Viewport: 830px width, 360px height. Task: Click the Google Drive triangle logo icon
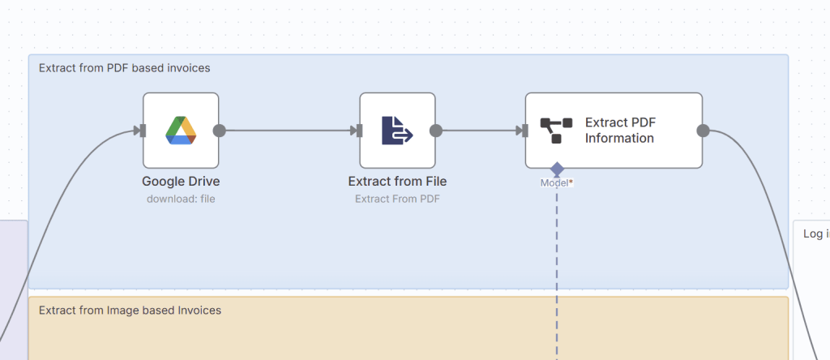[181, 131]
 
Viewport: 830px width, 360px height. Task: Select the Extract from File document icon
[397, 131]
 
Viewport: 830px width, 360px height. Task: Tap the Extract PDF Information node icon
[551, 131]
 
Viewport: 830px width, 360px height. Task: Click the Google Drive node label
[181, 182]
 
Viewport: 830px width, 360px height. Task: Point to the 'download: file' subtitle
[181, 198]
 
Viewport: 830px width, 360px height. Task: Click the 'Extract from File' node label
[397, 182]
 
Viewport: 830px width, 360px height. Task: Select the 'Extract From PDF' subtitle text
[397, 198]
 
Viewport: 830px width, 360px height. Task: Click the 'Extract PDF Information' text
[620, 131]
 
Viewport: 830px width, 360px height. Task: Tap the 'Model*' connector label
[557, 183]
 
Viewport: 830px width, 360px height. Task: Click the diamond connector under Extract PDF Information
[557, 169]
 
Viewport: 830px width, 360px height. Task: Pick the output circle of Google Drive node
[219, 131]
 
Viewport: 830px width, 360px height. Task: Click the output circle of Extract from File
[435, 131]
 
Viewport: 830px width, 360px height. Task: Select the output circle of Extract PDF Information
[703, 131]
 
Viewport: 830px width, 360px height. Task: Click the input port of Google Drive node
[141, 131]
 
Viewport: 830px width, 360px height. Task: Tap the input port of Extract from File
[357, 131]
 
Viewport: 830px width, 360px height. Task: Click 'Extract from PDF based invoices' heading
[124, 68]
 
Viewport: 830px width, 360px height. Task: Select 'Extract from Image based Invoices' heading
[130, 311]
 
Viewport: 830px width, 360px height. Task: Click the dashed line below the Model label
[557, 259]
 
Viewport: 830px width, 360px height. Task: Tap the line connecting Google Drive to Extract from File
[288, 131]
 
